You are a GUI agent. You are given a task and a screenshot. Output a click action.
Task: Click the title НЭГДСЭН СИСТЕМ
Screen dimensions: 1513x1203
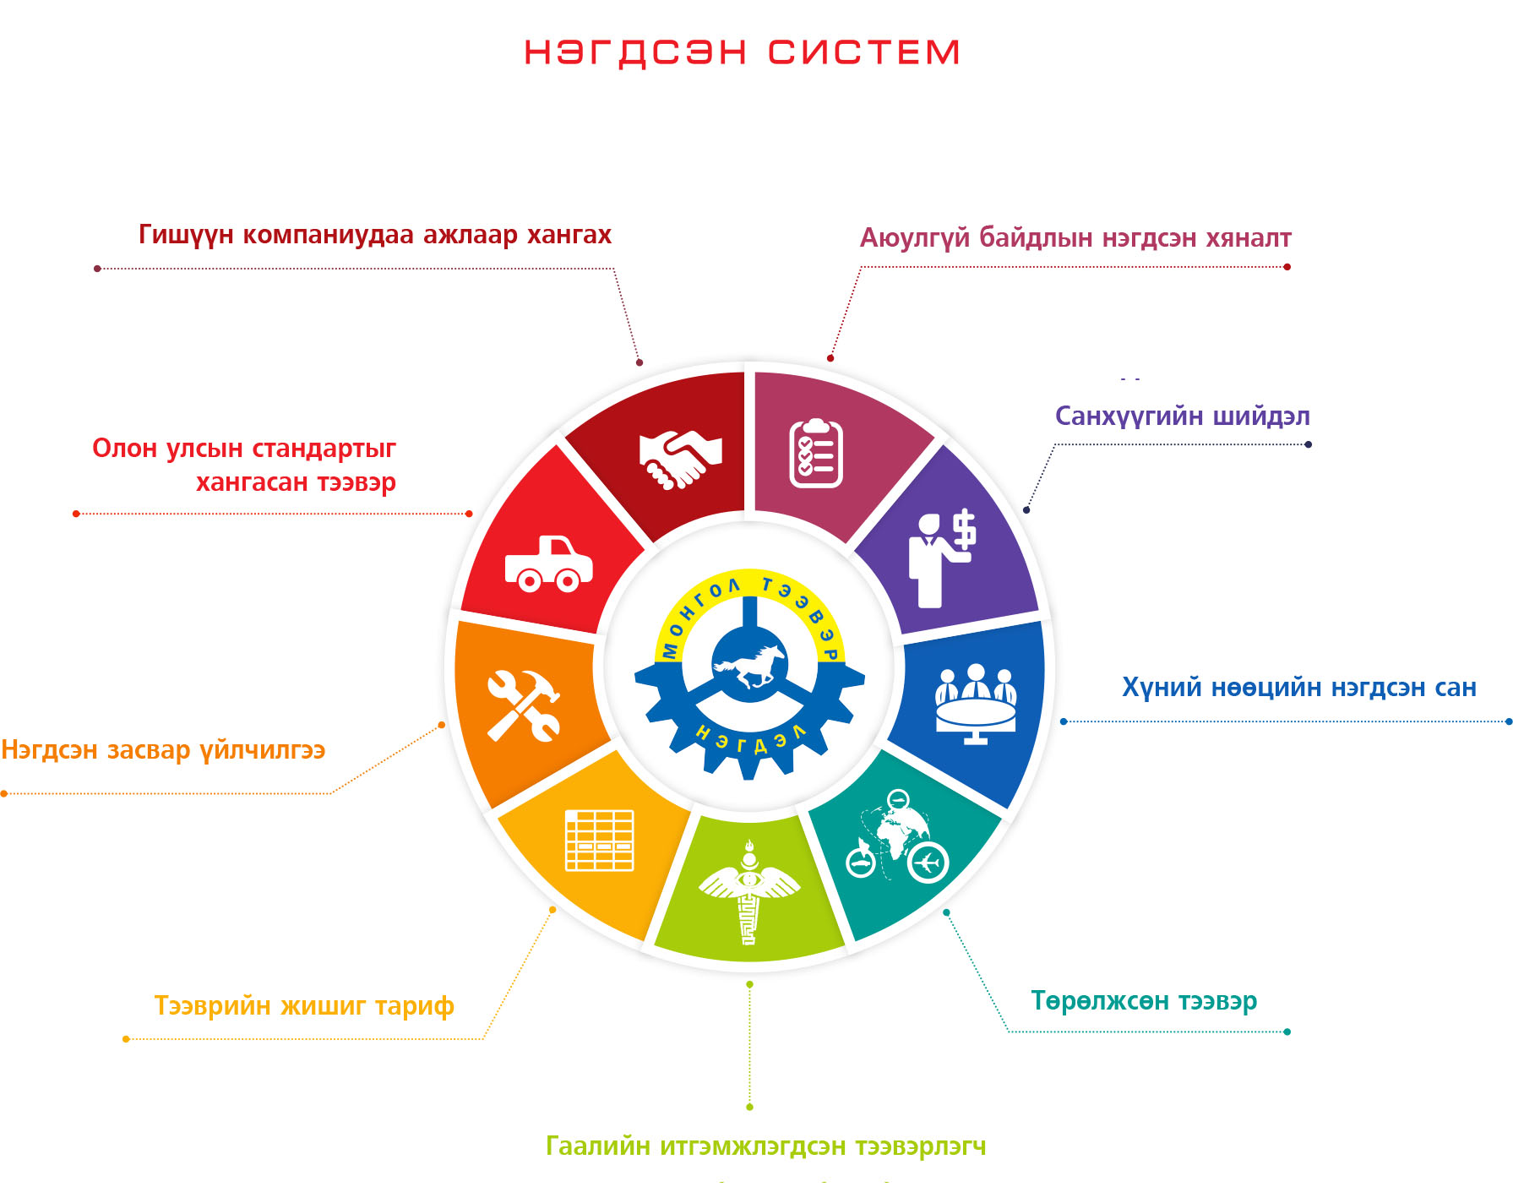(x=742, y=52)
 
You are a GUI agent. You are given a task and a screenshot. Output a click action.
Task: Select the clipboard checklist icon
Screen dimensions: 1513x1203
(x=816, y=453)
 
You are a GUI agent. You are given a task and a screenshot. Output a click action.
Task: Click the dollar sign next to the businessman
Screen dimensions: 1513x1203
(x=964, y=529)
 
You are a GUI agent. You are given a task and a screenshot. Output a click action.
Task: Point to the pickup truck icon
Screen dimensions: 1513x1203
(x=548, y=563)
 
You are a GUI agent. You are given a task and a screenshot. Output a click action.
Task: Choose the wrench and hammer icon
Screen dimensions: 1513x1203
(x=523, y=705)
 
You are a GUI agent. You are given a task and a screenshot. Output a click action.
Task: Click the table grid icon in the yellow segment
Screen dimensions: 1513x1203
(x=600, y=840)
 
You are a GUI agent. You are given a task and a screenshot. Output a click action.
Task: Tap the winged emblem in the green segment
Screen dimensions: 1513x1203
(x=749, y=892)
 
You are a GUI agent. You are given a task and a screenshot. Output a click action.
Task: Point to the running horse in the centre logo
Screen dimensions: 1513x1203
(x=749, y=666)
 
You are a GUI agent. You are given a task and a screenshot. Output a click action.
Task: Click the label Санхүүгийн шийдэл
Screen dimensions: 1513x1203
(x=1182, y=416)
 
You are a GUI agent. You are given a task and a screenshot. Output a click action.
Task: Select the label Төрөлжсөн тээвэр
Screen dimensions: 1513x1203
(x=1144, y=1001)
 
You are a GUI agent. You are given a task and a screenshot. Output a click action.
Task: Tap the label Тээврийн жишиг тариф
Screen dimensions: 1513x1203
(x=304, y=1006)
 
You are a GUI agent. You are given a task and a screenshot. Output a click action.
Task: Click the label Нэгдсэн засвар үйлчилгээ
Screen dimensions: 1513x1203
(x=163, y=750)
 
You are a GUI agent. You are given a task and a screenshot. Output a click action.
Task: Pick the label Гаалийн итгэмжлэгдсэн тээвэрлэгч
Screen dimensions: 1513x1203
(x=766, y=1146)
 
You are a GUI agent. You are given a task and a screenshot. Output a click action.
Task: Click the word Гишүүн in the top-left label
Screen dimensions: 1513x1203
(x=186, y=235)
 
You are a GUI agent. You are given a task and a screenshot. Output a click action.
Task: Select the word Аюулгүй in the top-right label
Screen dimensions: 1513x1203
(x=915, y=238)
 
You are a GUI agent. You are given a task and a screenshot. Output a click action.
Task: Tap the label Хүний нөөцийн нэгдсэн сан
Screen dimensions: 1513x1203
(x=1299, y=688)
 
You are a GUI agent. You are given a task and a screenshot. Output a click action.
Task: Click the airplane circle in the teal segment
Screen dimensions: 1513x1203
(x=928, y=863)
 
